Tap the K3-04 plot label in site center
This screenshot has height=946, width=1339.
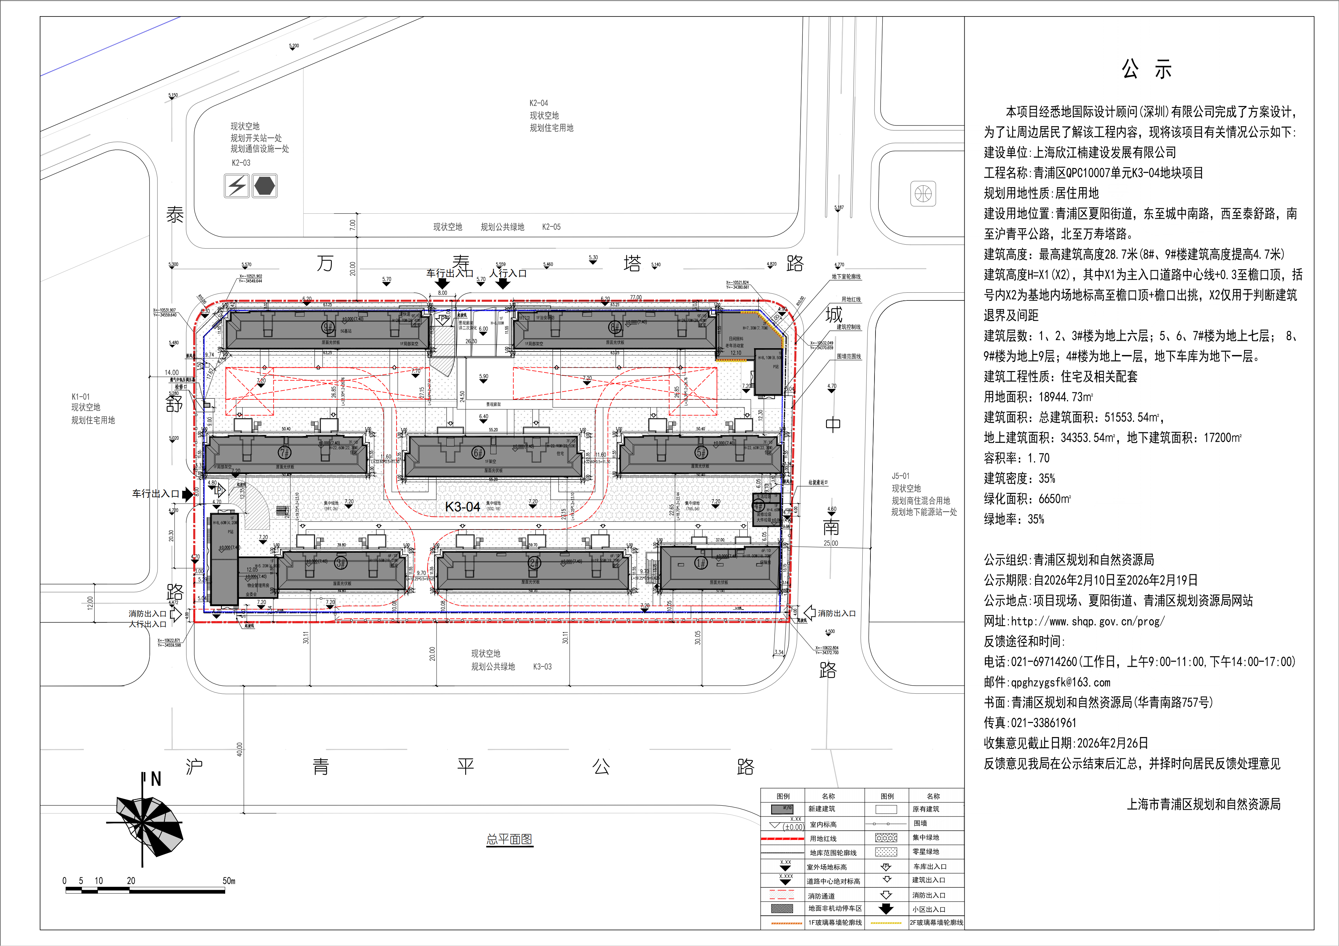tap(462, 507)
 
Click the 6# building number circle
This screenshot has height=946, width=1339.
tap(478, 452)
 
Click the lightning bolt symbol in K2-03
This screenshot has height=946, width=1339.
tap(237, 186)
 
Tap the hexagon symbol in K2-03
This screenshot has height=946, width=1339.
tap(265, 186)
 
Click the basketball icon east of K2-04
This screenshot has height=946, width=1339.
tap(923, 193)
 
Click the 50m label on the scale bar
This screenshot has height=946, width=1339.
tap(229, 881)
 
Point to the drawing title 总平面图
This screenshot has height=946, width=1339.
tap(509, 839)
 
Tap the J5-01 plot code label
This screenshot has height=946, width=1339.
tap(900, 476)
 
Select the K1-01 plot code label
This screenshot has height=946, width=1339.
tap(81, 396)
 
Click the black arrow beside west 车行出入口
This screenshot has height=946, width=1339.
tap(187, 494)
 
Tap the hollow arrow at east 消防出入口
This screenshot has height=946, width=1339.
tap(810, 613)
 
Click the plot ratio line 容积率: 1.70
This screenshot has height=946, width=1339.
tap(1017, 458)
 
